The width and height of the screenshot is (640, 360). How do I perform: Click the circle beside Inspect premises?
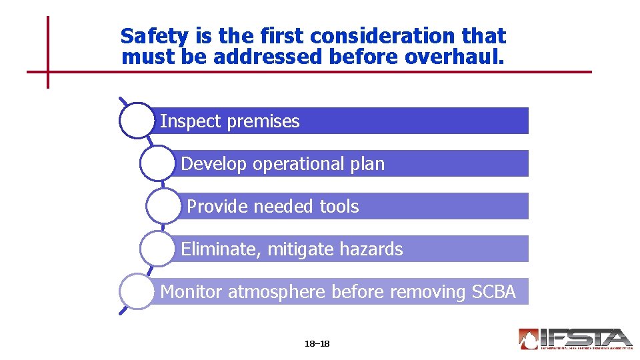tap(137, 121)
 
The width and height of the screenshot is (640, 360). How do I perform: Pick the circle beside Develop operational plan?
tap(157, 163)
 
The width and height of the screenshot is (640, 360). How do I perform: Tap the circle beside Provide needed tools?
tap(163, 206)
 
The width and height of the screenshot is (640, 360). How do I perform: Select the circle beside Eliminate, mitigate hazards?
tap(157, 249)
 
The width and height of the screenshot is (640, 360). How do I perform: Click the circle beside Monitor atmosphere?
tap(137, 291)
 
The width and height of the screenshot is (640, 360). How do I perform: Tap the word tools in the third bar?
tap(339, 207)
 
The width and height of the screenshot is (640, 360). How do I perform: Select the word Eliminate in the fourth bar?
tap(221, 250)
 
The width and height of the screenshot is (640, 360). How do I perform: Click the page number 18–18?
tap(317, 344)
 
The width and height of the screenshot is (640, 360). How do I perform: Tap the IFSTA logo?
tap(575, 339)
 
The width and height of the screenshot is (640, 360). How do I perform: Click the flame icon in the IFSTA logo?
tap(529, 339)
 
